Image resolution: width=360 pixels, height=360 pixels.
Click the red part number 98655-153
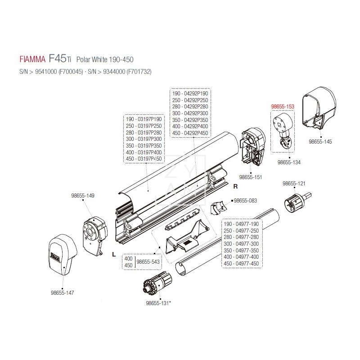click(x=282, y=106)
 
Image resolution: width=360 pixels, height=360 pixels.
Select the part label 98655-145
click(x=320, y=142)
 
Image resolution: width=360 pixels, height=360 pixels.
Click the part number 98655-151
click(x=251, y=177)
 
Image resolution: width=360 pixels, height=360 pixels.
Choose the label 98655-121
click(x=293, y=184)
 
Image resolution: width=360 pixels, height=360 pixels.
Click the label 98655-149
click(x=83, y=196)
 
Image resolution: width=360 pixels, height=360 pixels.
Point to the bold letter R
click(x=235, y=185)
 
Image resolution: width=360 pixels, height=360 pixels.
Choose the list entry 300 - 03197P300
click(x=143, y=140)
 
